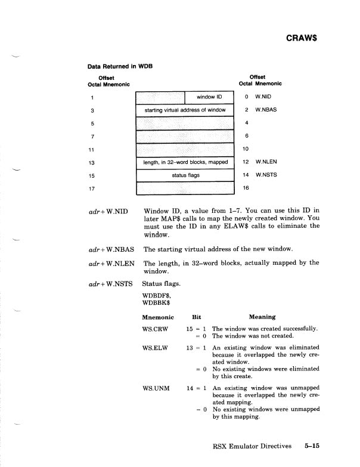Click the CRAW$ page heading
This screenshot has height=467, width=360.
coord(301,37)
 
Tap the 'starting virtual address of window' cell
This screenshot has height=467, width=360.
coord(184,110)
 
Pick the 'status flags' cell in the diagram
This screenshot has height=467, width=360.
coord(185,176)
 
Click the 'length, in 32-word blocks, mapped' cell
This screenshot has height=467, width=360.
coord(184,162)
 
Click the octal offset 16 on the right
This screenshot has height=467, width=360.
coord(246,188)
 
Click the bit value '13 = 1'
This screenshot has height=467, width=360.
coord(196,347)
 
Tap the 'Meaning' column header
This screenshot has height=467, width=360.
coord(262,317)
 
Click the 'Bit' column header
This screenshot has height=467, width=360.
coord(197,317)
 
